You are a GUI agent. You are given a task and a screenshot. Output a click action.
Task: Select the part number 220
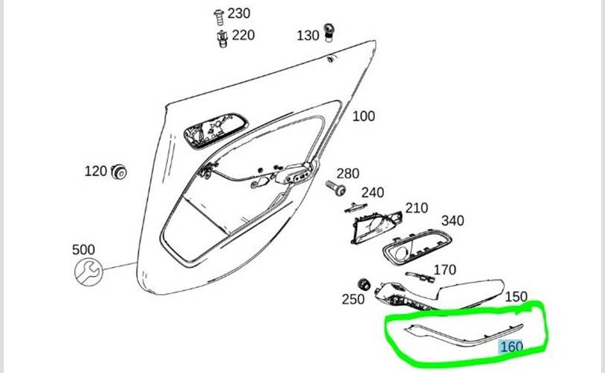click(x=243, y=34)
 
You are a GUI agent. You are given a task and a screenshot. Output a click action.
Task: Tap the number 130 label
click(x=308, y=35)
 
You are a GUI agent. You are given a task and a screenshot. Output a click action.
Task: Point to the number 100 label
click(x=363, y=116)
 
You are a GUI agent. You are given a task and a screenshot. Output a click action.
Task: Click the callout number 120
click(x=95, y=172)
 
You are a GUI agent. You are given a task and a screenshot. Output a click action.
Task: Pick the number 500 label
click(x=84, y=249)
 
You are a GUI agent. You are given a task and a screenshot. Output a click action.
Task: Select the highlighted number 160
click(x=511, y=347)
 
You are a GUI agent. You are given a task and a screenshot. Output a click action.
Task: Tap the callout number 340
click(x=453, y=221)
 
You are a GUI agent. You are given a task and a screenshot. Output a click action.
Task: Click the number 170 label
click(x=444, y=269)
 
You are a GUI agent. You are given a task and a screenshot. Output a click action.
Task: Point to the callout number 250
click(x=353, y=299)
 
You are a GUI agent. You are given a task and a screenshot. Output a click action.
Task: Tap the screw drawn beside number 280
click(x=335, y=186)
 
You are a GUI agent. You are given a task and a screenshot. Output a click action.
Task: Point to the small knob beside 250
click(x=365, y=284)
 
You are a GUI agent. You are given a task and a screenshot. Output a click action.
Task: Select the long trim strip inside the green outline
click(x=455, y=331)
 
